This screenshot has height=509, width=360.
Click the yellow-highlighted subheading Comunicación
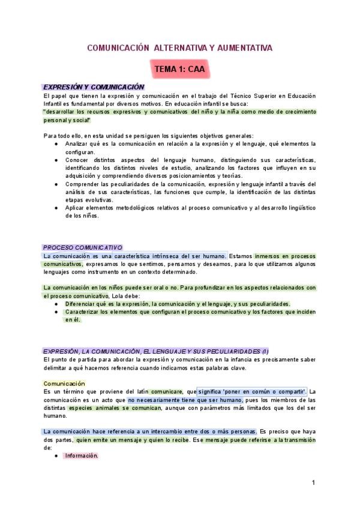click(64, 383)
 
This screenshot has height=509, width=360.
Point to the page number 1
click(313, 482)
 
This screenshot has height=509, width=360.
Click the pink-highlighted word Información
click(82, 456)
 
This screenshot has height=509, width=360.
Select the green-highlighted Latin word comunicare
click(166, 391)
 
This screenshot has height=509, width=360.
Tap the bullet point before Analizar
click(56, 144)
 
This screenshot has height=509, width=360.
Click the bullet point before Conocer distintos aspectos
click(56, 160)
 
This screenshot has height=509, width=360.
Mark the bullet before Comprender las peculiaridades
click(56, 184)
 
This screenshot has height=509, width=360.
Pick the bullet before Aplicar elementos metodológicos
click(56, 208)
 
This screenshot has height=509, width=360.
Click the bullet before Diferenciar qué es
click(56, 304)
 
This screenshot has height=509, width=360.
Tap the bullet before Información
click(56, 456)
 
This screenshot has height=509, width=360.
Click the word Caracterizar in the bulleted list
click(85, 312)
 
